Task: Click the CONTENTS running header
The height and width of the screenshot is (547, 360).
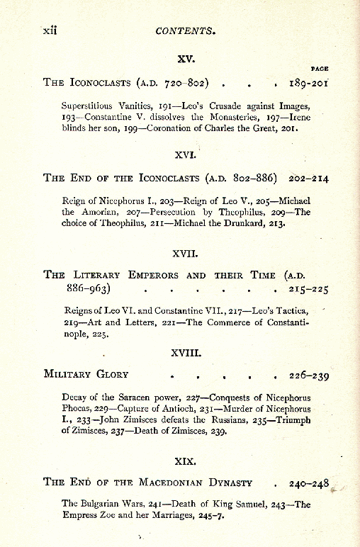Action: pyautogui.click(x=186, y=31)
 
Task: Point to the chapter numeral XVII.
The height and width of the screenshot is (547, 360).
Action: pyautogui.click(x=185, y=251)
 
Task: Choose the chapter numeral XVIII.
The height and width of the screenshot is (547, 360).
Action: pyautogui.click(x=186, y=351)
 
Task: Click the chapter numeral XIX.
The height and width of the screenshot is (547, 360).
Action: pyautogui.click(x=185, y=461)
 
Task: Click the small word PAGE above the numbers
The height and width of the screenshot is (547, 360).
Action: pyautogui.click(x=320, y=69)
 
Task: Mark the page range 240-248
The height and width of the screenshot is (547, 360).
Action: pyautogui.click(x=309, y=484)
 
